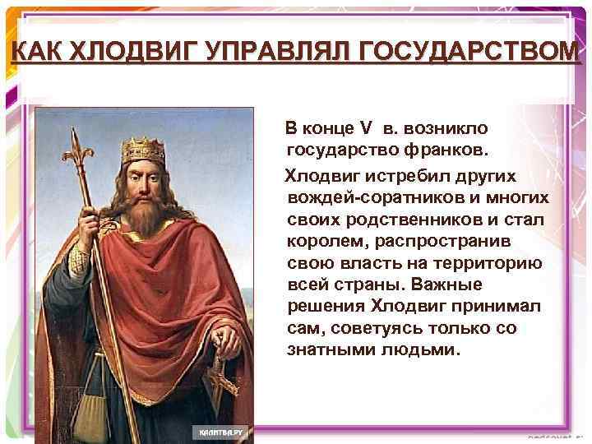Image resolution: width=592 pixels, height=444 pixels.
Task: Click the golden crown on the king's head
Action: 143,150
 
